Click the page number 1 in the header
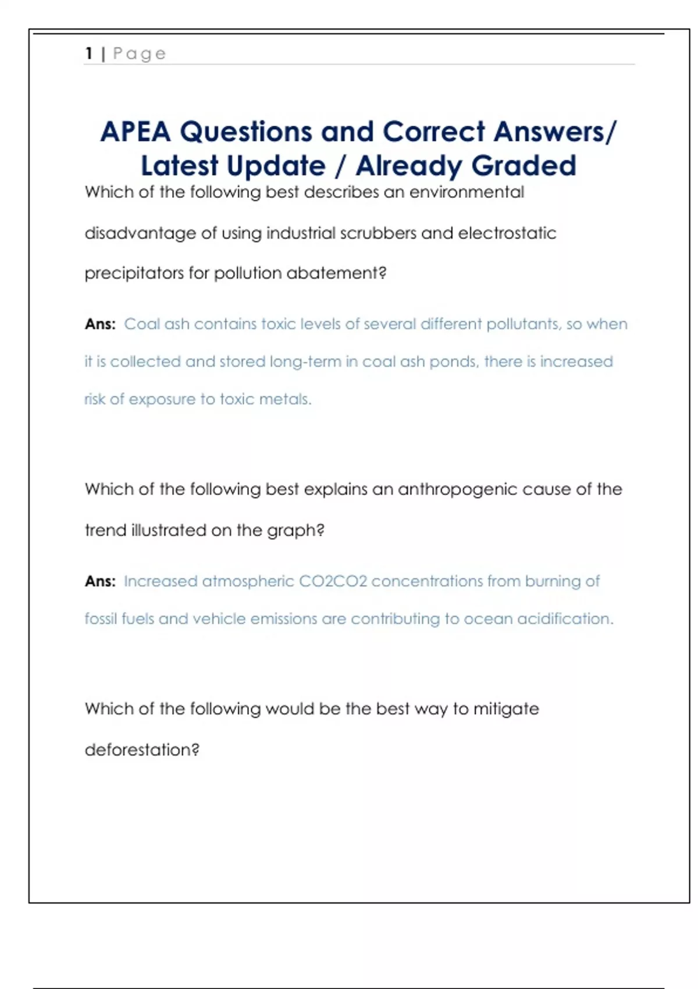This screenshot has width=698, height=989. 89,54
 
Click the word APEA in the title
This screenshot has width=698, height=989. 136,131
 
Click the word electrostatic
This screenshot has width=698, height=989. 507,233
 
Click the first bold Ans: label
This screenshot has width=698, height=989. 100,324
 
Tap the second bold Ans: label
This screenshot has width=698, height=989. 100,581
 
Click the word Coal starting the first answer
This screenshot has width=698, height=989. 142,324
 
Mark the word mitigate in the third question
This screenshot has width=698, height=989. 506,709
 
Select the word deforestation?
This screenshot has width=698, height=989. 142,750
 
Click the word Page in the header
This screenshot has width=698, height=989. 140,54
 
